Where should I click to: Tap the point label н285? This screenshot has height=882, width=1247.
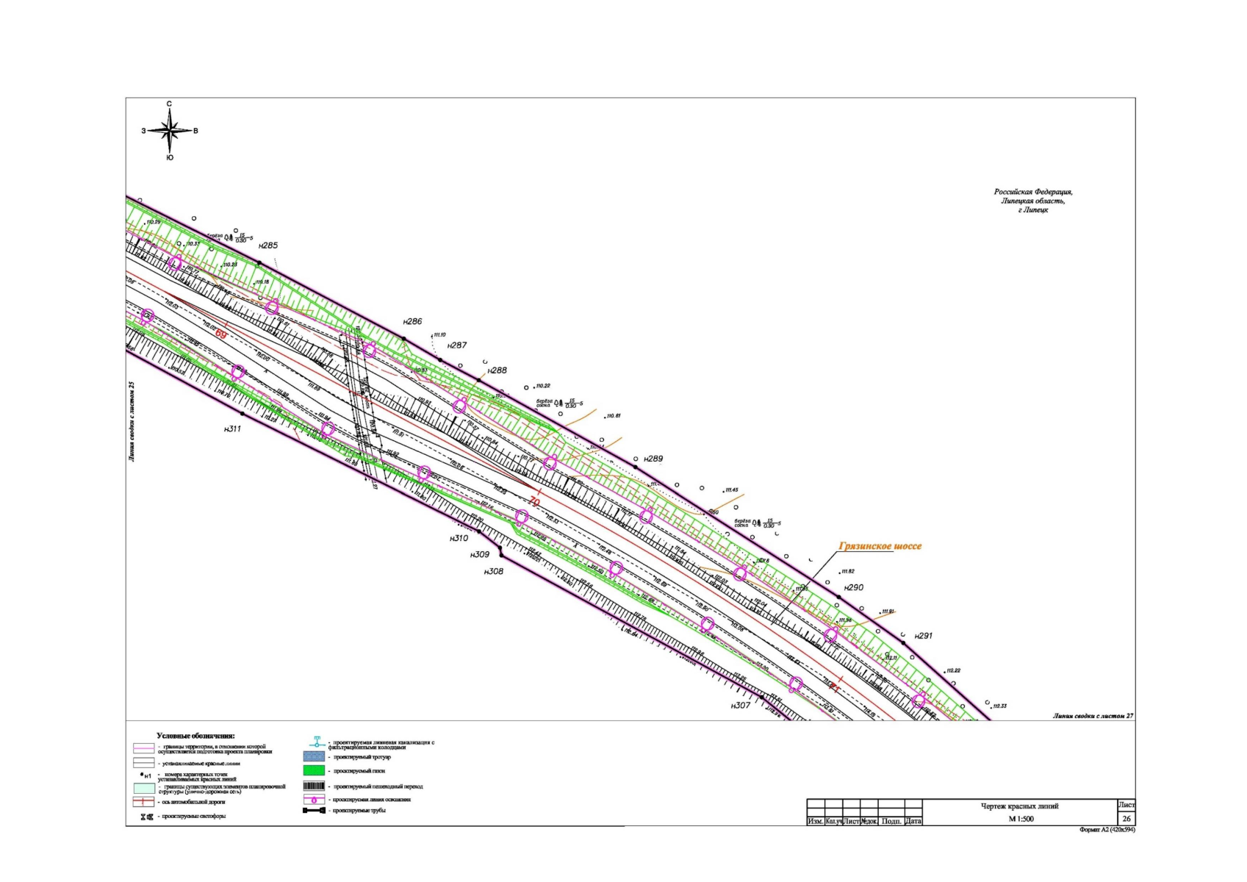pyautogui.click(x=268, y=245)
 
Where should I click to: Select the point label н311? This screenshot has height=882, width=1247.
pyautogui.click(x=232, y=429)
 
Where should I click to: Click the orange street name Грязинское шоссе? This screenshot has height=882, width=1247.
pyautogui.click(x=880, y=546)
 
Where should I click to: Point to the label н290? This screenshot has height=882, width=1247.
pyautogui.click(x=854, y=588)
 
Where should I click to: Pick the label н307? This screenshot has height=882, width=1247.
pyautogui.click(x=741, y=706)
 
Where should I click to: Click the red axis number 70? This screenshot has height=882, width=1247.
pyautogui.click(x=534, y=502)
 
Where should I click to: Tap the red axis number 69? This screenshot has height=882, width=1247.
pyautogui.click(x=220, y=334)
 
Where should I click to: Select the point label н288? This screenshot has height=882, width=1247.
pyautogui.click(x=497, y=370)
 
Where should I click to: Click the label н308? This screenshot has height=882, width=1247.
pyautogui.click(x=494, y=571)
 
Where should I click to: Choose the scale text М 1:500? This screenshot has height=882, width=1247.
pyautogui.click(x=1021, y=819)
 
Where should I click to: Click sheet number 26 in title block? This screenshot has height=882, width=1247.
pyautogui.click(x=1126, y=819)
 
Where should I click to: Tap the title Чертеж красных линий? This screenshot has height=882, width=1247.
pyautogui.click(x=1019, y=806)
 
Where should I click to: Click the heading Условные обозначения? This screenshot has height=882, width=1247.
pyautogui.click(x=195, y=736)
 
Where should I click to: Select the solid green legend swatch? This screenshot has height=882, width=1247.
pyautogui.click(x=314, y=770)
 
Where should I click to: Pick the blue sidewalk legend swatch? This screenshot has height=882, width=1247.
pyautogui.click(x=314, y=756)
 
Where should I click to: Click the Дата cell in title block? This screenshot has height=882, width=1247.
pyautogui.click(x=913, y=821)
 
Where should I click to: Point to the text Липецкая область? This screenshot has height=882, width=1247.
pyautogui.click(x=1032, y=201)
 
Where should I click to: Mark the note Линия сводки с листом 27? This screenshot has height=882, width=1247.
pyautogui.click(x=1093, y=715)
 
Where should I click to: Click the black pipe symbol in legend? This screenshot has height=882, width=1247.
pyautogui.click(x=314, y=811)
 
